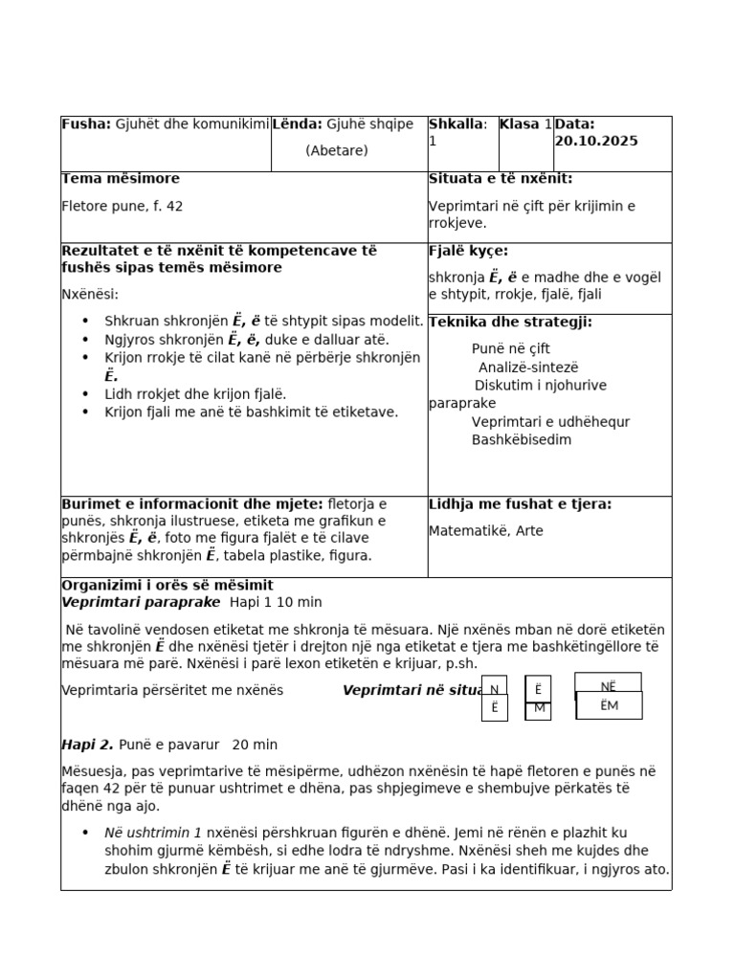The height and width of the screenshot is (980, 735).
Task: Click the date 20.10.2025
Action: tap(596, 141)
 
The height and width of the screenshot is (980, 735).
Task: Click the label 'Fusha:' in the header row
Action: tap(86, 124)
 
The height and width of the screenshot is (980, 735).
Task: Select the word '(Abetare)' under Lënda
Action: tap(337, 150)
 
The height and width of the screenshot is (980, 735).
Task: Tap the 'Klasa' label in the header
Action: tap(520, 124)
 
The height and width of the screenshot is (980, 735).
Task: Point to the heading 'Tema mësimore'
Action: tap(121, 179)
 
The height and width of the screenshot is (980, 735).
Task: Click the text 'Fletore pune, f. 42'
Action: tap(122, 206)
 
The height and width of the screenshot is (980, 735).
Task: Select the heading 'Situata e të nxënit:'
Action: tap(501, 179)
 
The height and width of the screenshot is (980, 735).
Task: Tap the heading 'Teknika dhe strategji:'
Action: tap(510, 323)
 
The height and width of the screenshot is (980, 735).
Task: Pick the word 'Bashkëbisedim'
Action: tap(522, 440)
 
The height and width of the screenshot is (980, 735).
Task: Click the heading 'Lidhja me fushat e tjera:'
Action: tap(520, 504)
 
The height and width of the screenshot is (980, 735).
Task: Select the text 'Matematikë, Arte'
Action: tap(485, 531)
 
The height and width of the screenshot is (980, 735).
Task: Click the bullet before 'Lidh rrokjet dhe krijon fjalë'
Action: tap(86, 394)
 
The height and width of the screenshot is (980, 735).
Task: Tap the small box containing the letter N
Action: tap(494, 689)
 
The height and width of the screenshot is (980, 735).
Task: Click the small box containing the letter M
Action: tap(539, 708)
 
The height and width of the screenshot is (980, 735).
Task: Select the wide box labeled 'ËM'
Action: tap(609, 705)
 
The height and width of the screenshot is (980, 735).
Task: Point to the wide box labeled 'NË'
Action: tap(608, 685)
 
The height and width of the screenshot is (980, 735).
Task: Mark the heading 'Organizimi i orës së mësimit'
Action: tap(167, 586)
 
